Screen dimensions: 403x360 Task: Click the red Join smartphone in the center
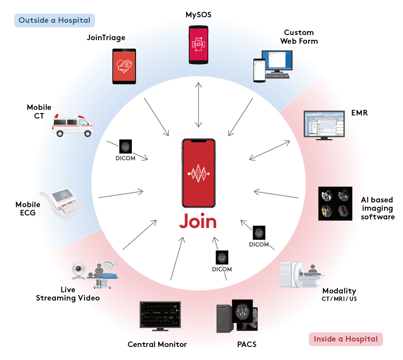tap(198, 173)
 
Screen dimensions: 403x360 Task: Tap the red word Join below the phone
tap(198, 221)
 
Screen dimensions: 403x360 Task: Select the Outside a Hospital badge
tap(54, 20)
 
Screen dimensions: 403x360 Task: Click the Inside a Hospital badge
tap(346, 339)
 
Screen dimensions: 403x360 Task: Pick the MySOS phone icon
tap(198, 45)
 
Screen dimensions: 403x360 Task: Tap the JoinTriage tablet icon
tap(124, 66)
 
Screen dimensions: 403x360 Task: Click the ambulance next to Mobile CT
tap(73, 126)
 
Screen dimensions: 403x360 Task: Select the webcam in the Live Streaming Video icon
tap(78, 271)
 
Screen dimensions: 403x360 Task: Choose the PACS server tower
tap(225, 319)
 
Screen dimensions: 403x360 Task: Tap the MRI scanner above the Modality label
tap(301, 275)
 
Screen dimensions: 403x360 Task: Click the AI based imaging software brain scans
tap(335, 203)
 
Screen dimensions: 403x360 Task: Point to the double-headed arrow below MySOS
tap(198, 105)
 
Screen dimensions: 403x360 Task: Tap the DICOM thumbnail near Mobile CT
tap(126, 147)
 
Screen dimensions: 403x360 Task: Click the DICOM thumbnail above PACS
tap(222, 258)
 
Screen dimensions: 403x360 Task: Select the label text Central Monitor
tap(157, 344)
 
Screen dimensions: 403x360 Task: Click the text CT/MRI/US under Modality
tap(339, 299)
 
